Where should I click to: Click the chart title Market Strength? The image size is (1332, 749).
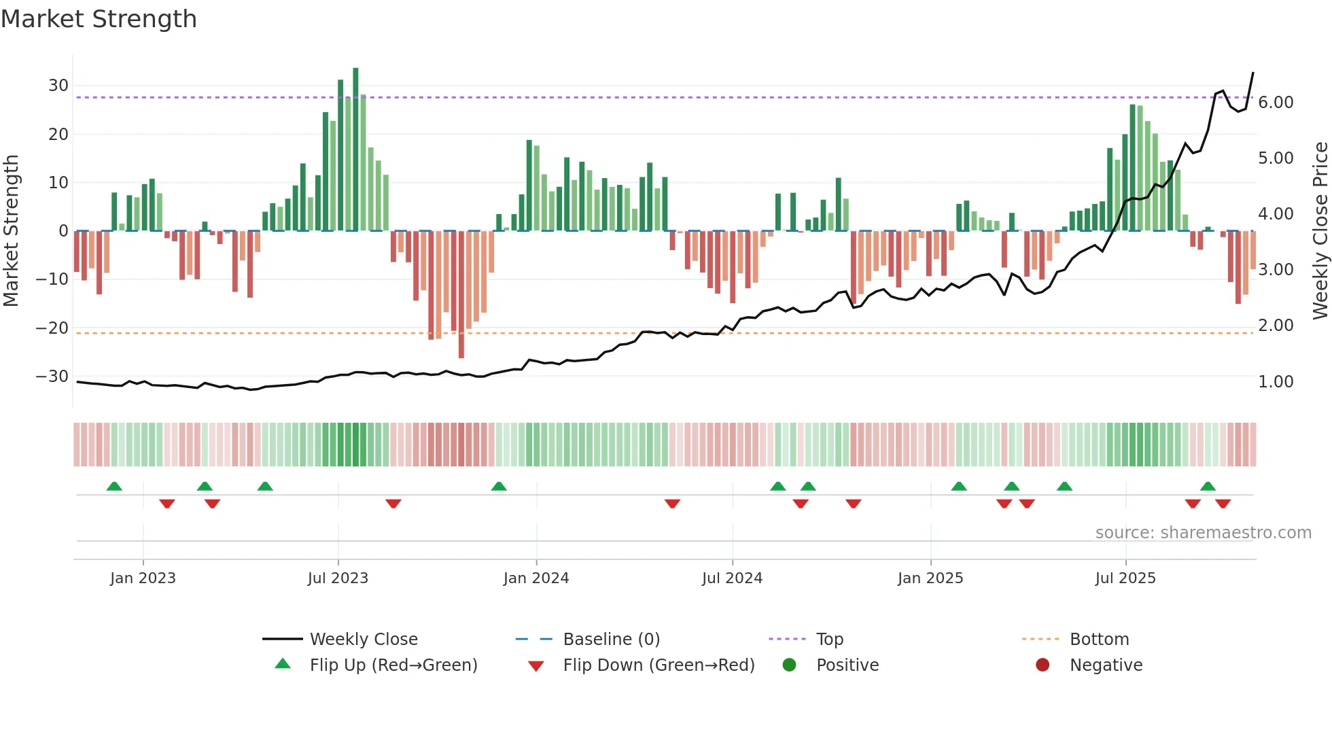point(99,19)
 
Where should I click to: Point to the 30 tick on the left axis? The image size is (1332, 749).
point(58,86)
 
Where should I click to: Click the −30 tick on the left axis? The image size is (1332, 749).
point(52,377)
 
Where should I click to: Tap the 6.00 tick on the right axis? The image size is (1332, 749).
point(1276,103)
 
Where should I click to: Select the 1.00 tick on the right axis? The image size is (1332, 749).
point(1276,382)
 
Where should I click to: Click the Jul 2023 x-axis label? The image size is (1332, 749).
point(338,578)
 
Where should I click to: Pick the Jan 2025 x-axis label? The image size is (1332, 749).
point(930,578)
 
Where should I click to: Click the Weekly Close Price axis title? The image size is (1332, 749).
point(1320,230)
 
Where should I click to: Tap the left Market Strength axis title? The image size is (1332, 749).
point(11,230)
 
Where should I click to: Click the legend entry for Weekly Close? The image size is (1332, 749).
point(364,640)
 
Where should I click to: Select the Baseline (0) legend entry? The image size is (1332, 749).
point(611,640)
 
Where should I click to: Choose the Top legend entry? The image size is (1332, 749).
point(829,640)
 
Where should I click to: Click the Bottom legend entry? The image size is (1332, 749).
point(1099,640)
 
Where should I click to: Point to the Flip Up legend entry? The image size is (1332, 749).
point(393,665)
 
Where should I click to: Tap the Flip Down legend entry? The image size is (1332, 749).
point(659,665)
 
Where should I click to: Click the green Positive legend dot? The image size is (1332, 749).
point(789,665)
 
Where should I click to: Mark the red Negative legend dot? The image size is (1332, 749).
point(1042,665)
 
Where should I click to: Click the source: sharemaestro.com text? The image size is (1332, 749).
point(1203,533)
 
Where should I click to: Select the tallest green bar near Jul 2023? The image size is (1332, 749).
point(355,150)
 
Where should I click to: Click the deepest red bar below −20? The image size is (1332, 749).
point(461,294)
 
